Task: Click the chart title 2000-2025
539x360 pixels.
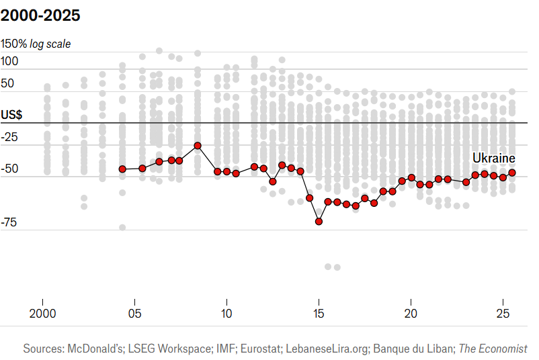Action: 41,15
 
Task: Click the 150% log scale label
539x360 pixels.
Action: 36,44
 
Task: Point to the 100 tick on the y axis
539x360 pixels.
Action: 10,61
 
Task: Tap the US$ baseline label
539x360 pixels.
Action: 11,115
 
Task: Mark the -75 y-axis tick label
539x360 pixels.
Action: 10,223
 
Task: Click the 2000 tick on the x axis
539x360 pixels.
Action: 42,314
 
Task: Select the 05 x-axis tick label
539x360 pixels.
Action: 134,314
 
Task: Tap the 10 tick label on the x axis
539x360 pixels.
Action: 226,314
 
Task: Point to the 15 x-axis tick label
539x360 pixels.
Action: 319,314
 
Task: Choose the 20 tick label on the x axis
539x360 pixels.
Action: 411,314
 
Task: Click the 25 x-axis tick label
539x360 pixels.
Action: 503,314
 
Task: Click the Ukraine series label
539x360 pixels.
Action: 493,158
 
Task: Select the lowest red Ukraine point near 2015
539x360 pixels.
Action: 319,221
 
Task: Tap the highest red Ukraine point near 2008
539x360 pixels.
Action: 198,146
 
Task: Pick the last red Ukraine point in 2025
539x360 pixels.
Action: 512,173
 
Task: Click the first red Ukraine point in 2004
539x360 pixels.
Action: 122,169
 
